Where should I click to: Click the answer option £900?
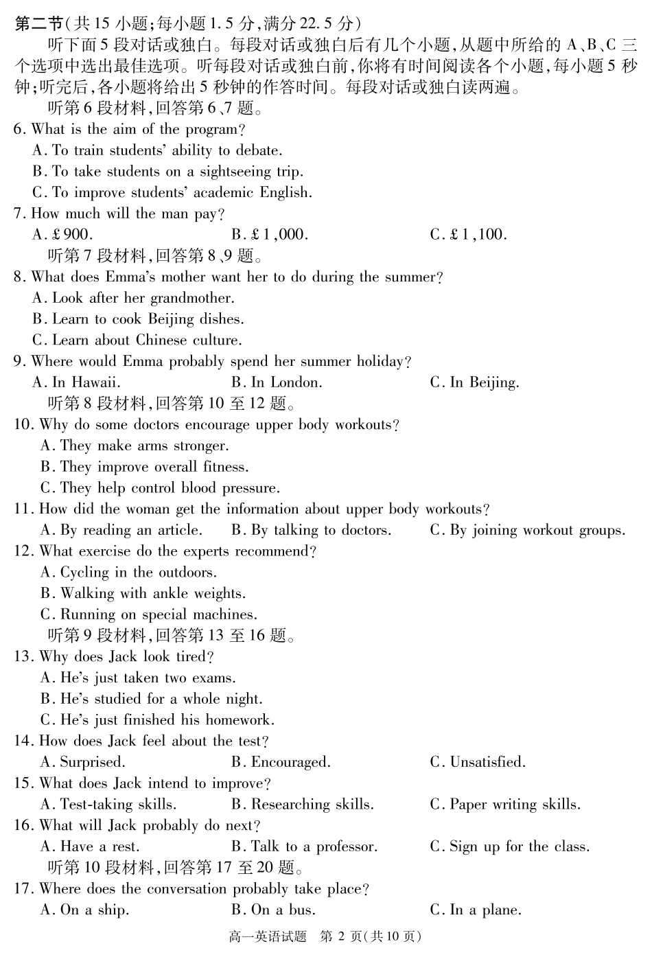pos(62,235)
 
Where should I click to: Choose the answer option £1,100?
pos(469,235)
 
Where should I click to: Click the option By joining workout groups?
pos(528,530)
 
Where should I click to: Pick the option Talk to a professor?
pos(305,846)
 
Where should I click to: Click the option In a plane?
pos(476,910)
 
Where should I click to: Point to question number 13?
pos(23,657)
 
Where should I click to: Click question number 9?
pos(19,362)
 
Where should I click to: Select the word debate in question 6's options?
pos(258,150)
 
